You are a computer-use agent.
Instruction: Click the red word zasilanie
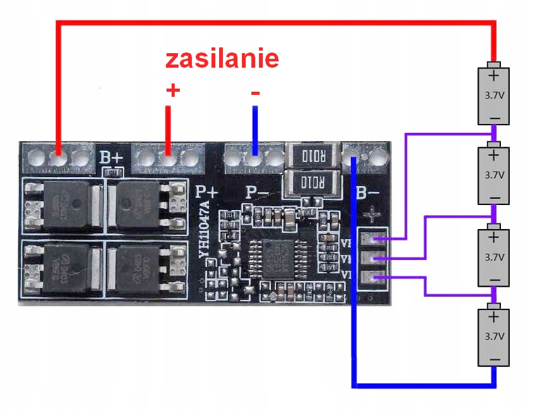coord(222,59)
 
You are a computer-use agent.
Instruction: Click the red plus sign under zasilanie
coord(172,90)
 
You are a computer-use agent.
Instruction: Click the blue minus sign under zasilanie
coord(255,93)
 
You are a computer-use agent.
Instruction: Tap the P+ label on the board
coord(206,191)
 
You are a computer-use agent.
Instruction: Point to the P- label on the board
coord(256,191)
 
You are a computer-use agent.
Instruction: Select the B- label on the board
coord(368,192)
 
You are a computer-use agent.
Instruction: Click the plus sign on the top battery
coord(494,77)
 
